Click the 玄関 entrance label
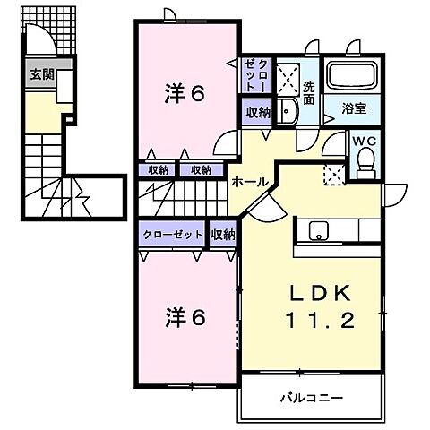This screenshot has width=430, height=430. [39, 74]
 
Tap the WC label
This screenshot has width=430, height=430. [364, 142]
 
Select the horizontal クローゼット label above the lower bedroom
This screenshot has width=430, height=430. [172, 234]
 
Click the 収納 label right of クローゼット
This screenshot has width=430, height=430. [223, 234]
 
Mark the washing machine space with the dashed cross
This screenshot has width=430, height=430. [287, 79]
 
